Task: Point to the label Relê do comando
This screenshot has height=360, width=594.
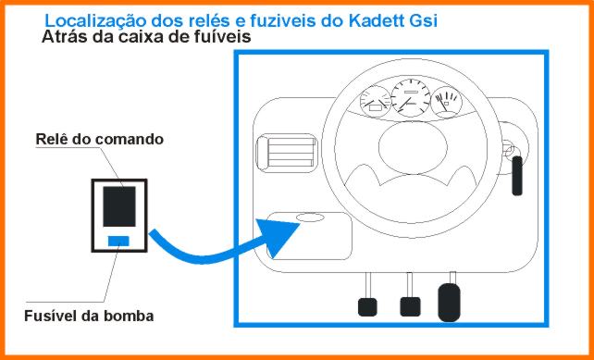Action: click(100, 139)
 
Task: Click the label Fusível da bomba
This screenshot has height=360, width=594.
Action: click(89, 316)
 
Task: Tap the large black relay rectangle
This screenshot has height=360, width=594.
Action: click(119, 206)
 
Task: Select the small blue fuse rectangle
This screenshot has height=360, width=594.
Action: click(118, 241)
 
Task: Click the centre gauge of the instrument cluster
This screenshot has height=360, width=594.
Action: click(411, 98)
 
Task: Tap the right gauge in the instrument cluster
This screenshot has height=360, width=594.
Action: click(446, 102)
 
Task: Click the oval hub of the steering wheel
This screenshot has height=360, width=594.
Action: click(413, 147)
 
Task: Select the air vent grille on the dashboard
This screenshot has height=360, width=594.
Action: click(287, 153)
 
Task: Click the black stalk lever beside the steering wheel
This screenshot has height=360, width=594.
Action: click(517, 176)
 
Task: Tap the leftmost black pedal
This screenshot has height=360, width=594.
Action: click(367, 307)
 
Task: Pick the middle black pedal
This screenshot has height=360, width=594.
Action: click(410, 306)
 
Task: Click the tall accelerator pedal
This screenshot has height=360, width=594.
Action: click(450, 303)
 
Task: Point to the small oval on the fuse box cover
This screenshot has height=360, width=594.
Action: click(310, 217)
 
